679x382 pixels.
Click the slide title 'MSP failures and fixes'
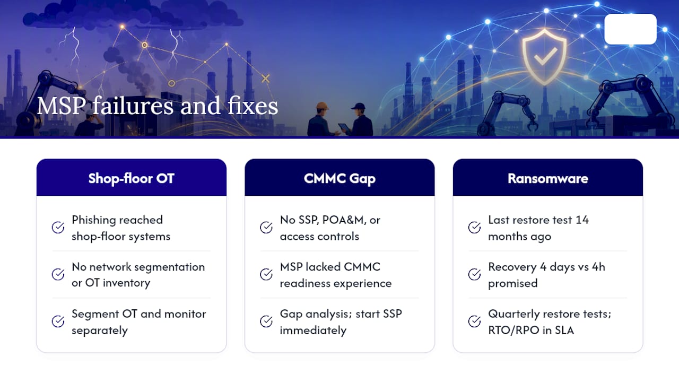[x=158, y=106]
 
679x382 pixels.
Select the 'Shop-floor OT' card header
[x=132, y=178]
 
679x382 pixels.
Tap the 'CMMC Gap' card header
[x=339, y=178]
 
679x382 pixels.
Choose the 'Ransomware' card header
[x=548, y=178]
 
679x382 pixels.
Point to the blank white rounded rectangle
[x=631, y=29]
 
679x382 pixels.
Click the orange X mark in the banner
[x=266, y=79]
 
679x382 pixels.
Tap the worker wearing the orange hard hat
[x=321, y=120]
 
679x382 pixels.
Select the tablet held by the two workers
[x=344, y=127]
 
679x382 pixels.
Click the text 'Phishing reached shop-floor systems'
[x=121, y=228]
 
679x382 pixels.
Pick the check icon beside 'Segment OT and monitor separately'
[x=58, y=322]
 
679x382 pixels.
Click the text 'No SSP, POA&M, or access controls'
[x=330, y=228]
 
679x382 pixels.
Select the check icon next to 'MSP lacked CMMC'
[x=266, y=274]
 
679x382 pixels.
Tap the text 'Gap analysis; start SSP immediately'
[x=341, y=322]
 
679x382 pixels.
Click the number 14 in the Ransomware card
[x=582, y=220]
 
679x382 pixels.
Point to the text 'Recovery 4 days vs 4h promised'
[x=546, y=275]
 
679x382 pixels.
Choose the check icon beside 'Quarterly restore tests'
[x=474, y=322]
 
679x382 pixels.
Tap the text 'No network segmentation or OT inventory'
[x=138, y=275]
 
